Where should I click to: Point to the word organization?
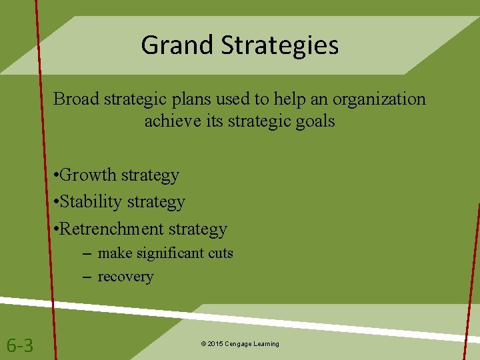[x=378, y=99]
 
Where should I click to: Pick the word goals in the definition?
[x=313, y=121]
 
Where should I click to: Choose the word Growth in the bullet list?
[x=91, y=175]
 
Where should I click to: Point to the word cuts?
[x=219, y=253]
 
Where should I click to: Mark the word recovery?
[x=125, y=277]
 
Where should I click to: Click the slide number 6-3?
[x=20, y=345]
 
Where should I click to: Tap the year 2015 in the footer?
[x=216, y=344]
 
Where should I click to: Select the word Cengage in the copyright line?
[x=239, y=344]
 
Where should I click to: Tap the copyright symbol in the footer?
[x=203, y=344]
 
